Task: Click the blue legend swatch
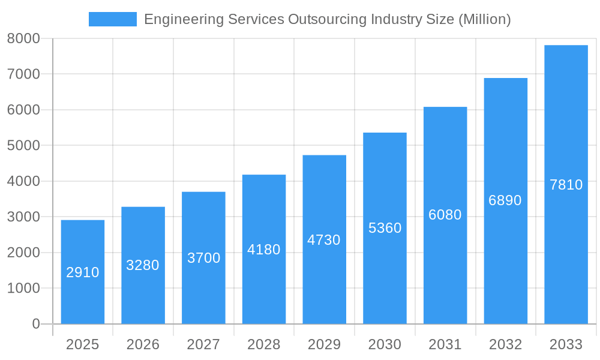(x=112, y=19)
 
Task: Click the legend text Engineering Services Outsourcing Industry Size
(x=327, y=19)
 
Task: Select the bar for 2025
(x=83, y=272)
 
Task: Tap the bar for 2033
(x=566, y=184)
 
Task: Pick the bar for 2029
(x=324, y=239)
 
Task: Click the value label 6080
(x=445, y=215)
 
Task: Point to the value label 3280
(x=143, y=265)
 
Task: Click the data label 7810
(x=566, y=185)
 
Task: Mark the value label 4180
(x=264, y=250)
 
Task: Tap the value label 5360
(x=385, y=228)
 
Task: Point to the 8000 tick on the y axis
(x=23, y=38)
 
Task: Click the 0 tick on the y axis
(x=35, y=324)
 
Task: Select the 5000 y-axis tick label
(x=23, y=146)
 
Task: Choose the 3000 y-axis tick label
(x=23, y=217)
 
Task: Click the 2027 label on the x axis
(x=203, y=344)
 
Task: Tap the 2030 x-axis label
(x=385, y=344)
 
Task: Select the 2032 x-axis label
(x=505, y=344)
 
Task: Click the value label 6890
(x=505, y=200)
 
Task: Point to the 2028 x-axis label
(x=264, y=344)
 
